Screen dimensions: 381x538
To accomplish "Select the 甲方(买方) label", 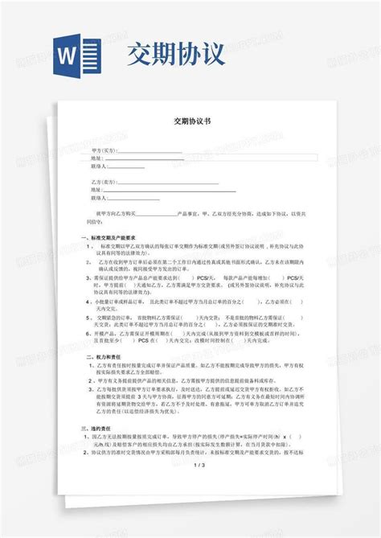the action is (104, 150).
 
